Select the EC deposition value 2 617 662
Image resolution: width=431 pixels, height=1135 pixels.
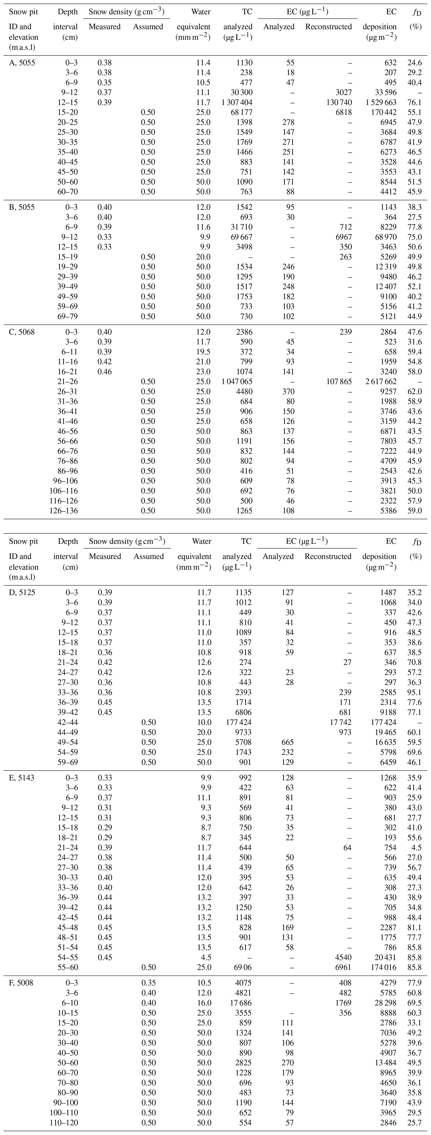coord(379,382)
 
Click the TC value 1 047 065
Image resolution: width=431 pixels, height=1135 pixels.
coord(237,382)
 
